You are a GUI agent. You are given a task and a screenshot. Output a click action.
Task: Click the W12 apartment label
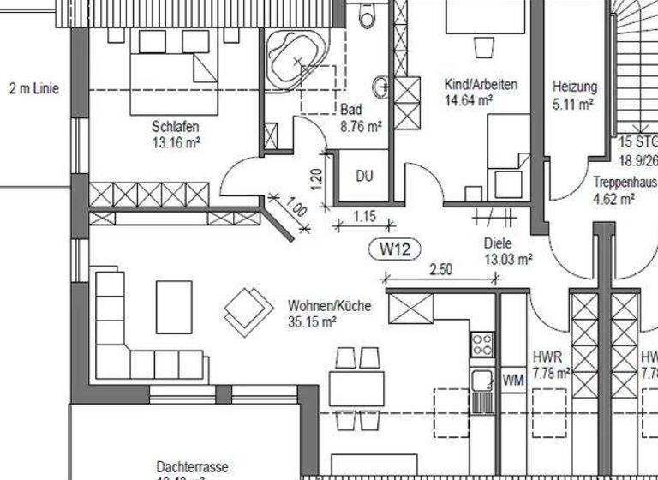(x=396, y=249)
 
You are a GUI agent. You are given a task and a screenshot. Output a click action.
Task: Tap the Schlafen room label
(x=176, y=127)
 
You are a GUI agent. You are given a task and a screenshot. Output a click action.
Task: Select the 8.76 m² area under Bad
(x=361, y=125)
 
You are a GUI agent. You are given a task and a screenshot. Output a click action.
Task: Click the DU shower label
(x=364, y=177)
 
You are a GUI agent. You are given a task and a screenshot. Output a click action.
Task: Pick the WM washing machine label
(x=512, y=378)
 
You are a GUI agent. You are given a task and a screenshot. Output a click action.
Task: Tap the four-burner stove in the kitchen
(x=482, y=345)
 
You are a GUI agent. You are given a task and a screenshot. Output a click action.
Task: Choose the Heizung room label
(x=575, y=87)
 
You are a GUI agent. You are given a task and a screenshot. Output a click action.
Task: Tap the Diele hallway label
(x=498, y=242)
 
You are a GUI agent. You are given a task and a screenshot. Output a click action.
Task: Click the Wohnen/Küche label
(x=330, y=305)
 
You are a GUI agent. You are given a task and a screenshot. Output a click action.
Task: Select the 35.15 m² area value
(x=312, y=322)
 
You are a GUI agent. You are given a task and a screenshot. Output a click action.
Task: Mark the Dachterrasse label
(x=193, y=466)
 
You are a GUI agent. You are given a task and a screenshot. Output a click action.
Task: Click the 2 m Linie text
(x=34, y=87)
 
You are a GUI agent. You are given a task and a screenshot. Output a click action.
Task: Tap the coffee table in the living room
(x=174, y=306)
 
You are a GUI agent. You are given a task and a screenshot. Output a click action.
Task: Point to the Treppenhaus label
(x=624, y=182)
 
